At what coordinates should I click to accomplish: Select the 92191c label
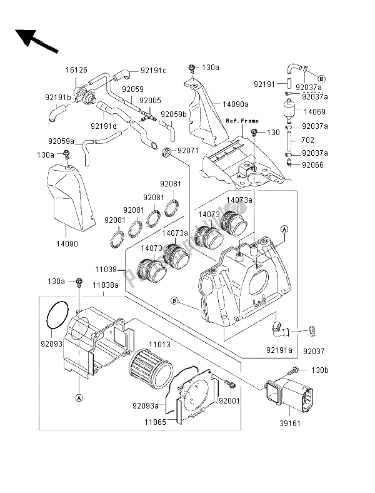point(153,71)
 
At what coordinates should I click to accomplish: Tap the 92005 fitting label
point(150,100)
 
